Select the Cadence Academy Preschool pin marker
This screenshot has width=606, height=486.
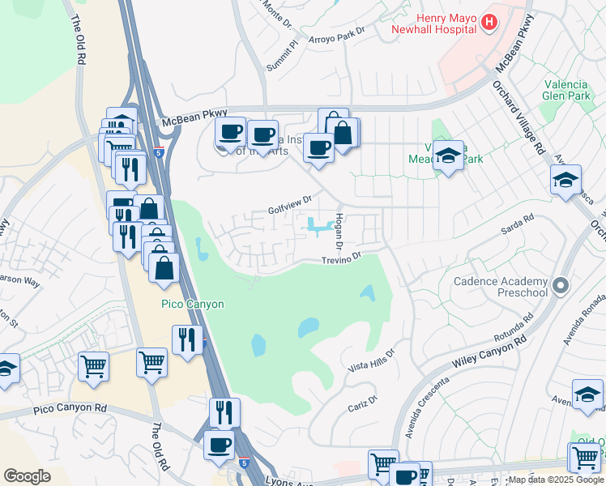(x=558, y=285)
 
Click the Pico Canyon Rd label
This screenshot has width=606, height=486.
(x=70, y=409)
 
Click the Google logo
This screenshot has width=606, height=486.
(x=27, y=475)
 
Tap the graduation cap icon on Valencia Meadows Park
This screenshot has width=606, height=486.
(x=447, y=155)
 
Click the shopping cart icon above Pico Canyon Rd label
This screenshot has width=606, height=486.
(x=93, y=365)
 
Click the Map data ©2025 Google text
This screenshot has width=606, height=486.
(x=555, y=480)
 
